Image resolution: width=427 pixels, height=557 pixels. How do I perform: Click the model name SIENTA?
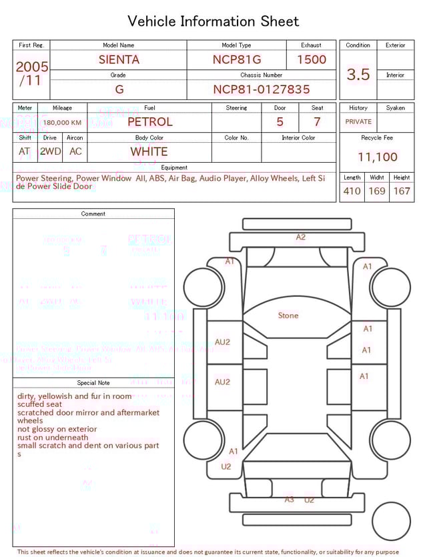119,59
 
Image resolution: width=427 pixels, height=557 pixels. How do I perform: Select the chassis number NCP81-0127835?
262,89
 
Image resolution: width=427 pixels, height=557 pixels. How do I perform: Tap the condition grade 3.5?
358,75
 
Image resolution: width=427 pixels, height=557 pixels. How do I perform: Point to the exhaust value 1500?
312,59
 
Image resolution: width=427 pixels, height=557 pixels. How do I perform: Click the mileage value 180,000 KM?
62,123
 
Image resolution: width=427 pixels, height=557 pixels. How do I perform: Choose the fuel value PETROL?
149,122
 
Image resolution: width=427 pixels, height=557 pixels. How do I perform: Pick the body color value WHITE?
149,151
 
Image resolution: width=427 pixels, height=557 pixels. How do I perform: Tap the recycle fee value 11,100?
378,157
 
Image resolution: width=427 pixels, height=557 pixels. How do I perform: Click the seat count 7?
317,122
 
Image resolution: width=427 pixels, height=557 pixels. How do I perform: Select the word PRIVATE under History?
358,122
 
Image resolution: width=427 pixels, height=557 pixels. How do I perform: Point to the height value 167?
402,191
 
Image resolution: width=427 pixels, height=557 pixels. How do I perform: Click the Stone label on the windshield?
288,316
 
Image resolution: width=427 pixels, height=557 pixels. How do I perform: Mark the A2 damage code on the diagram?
301,237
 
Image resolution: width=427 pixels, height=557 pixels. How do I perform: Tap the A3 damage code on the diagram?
289,499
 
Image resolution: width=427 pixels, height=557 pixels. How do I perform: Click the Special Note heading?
93,383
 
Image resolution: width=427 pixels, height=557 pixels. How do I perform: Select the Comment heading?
93,214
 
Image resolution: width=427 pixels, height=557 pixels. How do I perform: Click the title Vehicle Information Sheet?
213,21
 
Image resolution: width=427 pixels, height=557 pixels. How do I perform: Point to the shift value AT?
25,151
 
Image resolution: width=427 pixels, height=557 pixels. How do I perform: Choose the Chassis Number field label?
262,75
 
